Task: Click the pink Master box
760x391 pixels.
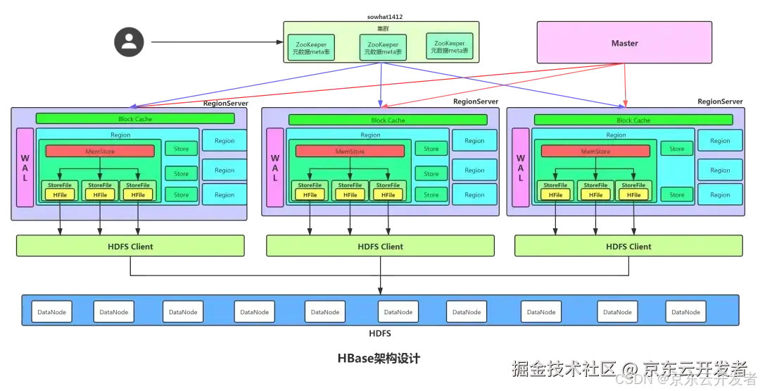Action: (x=624, y=43)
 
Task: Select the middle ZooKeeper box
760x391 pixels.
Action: (x=383, y=47)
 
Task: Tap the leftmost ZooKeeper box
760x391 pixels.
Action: (x=311, y=47)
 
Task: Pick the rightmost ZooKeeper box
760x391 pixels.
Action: (x=450, y=47)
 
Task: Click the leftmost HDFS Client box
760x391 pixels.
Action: (x=131, y=247)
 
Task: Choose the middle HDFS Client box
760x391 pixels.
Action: (x=380, y=247)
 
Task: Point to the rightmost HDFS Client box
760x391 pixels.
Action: (x=628, y=247)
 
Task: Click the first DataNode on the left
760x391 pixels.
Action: (x=51, y=311)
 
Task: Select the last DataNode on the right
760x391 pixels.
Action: (x=685, y=311)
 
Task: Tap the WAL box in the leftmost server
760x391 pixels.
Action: (x=25, y=168)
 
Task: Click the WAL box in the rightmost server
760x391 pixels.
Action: (x=521, y=168)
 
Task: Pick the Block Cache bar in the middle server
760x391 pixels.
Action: (x=388, y=120)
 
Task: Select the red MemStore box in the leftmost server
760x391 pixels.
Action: (x=100, y=151)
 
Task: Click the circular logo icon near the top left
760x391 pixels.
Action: (x=129, y=40)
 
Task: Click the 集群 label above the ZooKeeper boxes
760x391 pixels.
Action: (x=382, y=28)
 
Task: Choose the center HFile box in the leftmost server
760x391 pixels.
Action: (x=100, y=194)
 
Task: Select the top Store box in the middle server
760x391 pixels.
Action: (x=431, y=149)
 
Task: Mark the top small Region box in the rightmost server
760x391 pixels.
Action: (x=719, y=141)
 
